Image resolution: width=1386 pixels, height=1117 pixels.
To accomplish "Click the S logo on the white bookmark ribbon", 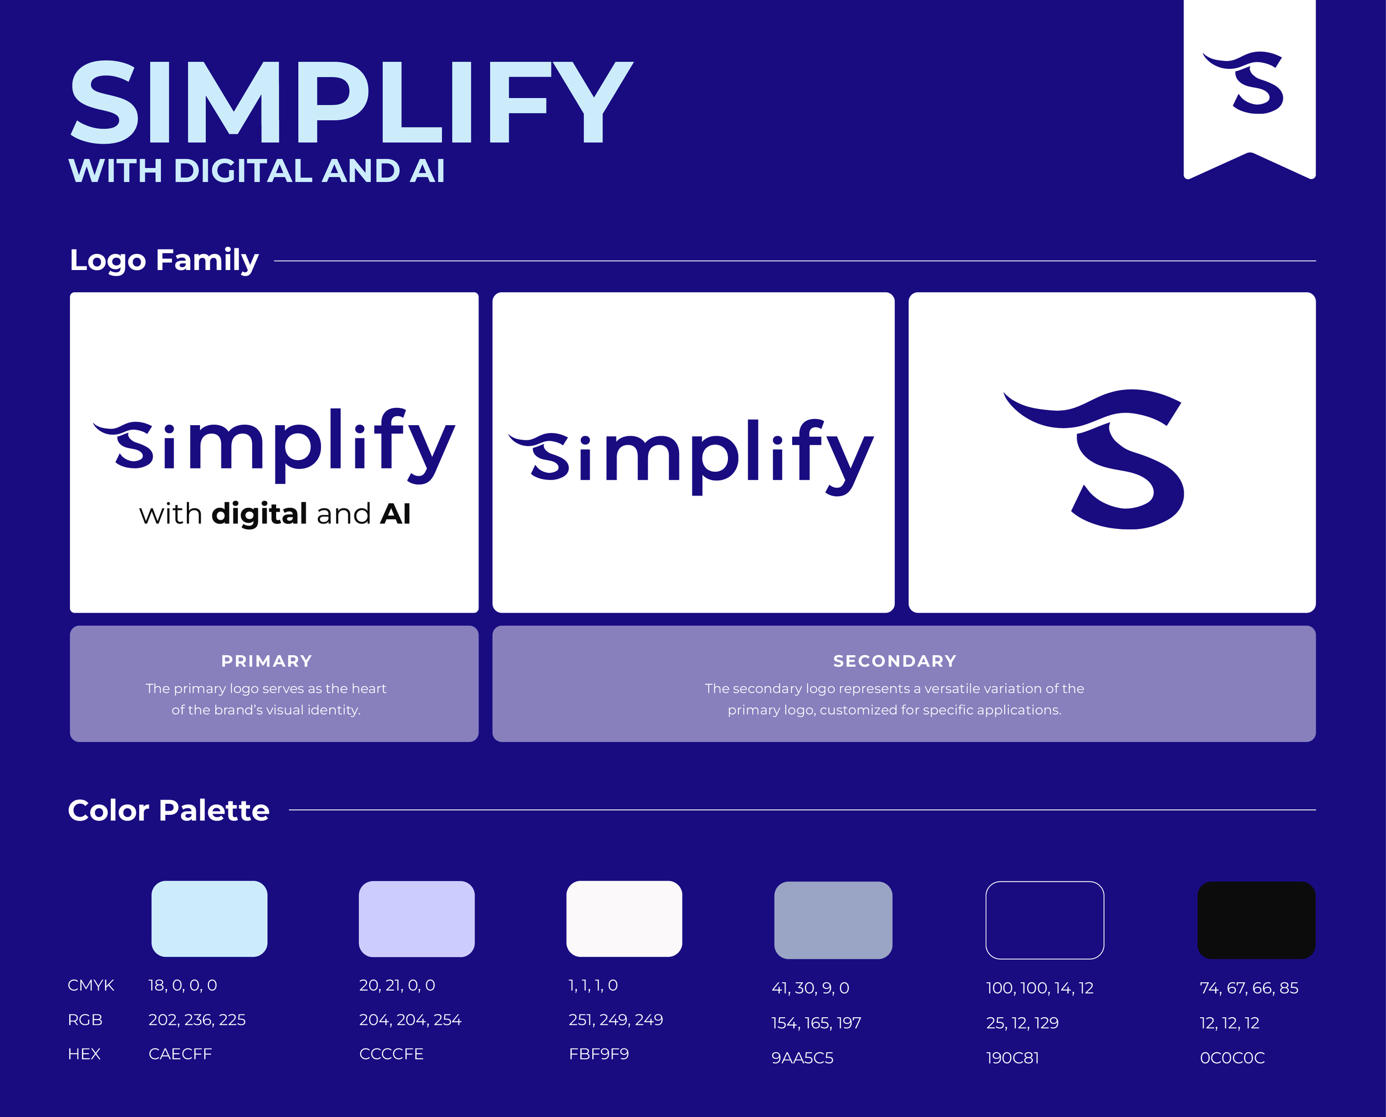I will pyautogui.click(x=1245, y=83).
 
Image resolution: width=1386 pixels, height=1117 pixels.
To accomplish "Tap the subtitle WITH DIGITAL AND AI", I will pyautogui.click(x=257, y=171).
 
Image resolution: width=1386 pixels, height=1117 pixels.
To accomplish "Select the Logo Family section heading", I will pyautogui.click(x=164, y=260).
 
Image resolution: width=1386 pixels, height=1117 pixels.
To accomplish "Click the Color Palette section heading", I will pyautogui.click(x=169, y=810).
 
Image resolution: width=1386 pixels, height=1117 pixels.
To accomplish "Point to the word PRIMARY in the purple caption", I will pyautogui.click(x=267, y=661).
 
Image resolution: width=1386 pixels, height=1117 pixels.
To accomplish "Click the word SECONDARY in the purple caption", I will pyautogui.click(x=894, y=661).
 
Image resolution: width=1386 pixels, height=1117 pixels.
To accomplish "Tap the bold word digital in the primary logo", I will pyautogui.click(x=259, y=514).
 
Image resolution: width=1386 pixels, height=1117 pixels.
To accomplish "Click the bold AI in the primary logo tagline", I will pyautogui.click(x=395, y=514).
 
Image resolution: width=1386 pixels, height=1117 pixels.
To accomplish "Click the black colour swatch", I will pyautogui.click(x=1256, y=920).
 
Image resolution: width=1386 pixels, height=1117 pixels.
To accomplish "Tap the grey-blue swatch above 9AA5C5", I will pyautogui.click(x=833, y=920).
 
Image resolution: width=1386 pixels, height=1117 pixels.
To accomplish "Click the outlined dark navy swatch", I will pyautogui.click(x=1044, y=920).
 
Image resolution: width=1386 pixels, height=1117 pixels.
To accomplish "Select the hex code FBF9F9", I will pyautogui.click(x=598, y=1054).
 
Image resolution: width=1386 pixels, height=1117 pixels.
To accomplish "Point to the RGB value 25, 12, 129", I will pyautogui.click(x=1022, y=1023).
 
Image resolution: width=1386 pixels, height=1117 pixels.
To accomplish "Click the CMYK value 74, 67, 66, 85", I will pyautogui.click(x=1249, y=988).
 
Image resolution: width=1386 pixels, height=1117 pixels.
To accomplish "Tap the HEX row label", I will pyautogui.click(x=84, y=1054).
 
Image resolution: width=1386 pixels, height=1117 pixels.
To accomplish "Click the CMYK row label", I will pyautogui.click(x=91, y=985).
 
